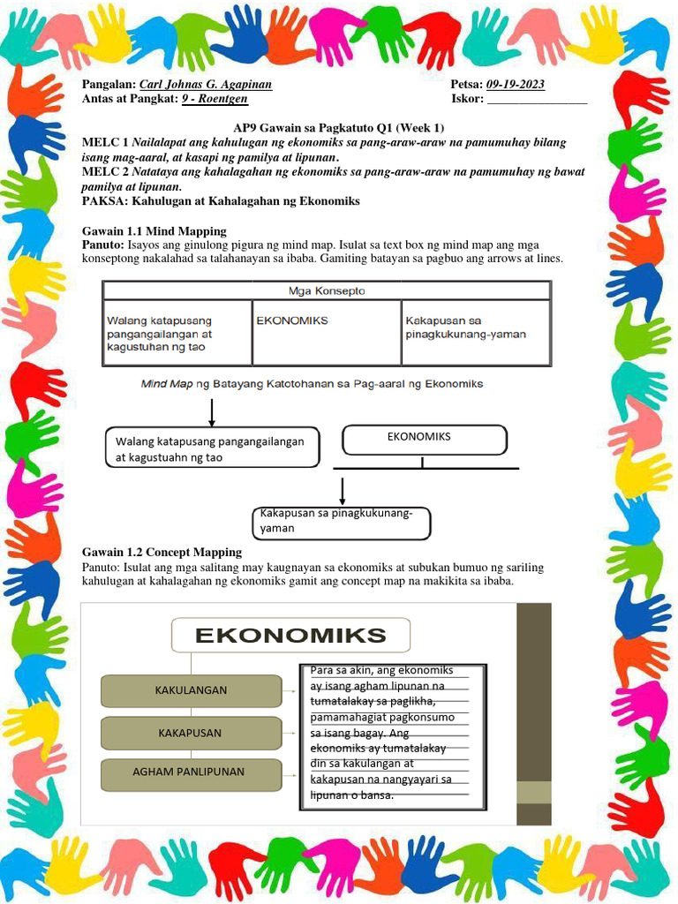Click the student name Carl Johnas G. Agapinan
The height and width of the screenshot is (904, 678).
click(206, 85)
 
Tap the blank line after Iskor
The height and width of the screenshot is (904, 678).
click(537, 99)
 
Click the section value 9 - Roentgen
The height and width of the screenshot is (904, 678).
click(215, 99)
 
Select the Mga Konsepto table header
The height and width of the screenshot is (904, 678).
click(327, 290)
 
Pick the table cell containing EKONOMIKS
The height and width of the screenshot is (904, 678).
click(326, 333)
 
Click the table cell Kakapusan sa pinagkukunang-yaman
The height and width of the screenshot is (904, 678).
click(476, 333)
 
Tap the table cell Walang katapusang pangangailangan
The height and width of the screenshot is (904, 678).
click(177, 333)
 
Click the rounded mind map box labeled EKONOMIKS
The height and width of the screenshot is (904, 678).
click(424, 439)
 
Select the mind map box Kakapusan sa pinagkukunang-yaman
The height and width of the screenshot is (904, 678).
click(342, 523)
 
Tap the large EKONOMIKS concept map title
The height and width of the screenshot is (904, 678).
click(290, 635)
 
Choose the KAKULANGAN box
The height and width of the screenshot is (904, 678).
click(191, 690)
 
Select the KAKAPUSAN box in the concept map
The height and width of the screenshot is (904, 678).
click(190, 733)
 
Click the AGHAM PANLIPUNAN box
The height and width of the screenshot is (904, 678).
click(189, 772)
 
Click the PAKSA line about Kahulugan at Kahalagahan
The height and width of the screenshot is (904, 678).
click(221, 201)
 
